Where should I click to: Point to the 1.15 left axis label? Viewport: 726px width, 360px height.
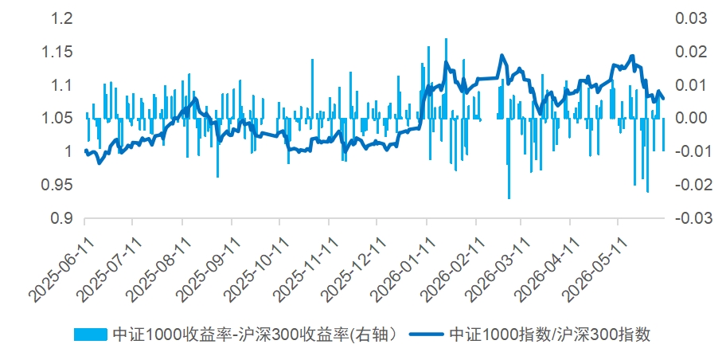(x=57, y=53)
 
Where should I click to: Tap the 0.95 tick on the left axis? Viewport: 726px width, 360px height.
(x=57, y=186)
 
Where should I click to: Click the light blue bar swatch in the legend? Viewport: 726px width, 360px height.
(x=91, y=334)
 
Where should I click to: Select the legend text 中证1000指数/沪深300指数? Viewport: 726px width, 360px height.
(x=550, y=334)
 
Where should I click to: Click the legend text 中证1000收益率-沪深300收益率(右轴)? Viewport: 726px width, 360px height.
(x=254, y=334)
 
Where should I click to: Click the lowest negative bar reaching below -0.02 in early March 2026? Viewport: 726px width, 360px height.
(x=509, y=158)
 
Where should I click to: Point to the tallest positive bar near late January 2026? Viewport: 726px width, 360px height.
(x=446, y=78)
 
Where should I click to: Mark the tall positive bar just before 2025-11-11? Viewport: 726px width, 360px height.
(x=312, y=89)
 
